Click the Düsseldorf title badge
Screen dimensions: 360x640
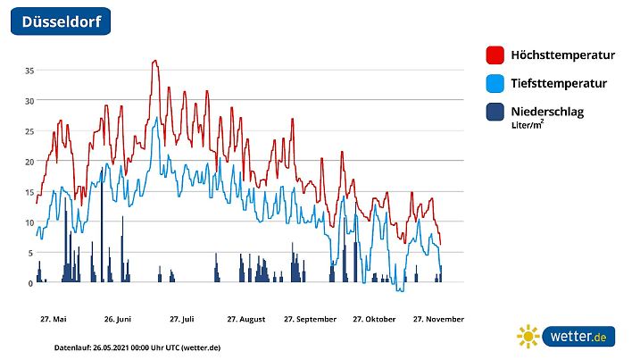click(61, 21)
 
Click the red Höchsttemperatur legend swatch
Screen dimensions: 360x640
click(495, 55)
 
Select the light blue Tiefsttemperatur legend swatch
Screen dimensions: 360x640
click(495, 84)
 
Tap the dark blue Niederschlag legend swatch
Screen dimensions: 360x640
click(495, 112)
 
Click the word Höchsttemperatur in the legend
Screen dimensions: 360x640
click(562, 55)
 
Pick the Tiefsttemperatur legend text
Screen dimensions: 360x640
click(559, 84)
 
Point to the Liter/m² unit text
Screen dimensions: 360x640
click(528, 126)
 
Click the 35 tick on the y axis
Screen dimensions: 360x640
click(29, 70)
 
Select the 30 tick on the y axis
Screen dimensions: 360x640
click(29, 100)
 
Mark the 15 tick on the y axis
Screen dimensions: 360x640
click(29, 192)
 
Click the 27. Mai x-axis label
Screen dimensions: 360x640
click(53, 319)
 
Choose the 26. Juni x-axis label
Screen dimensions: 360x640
click(118, 319)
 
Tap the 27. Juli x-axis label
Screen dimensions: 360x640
click(181, 319)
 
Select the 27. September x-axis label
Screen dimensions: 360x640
click(310, 319)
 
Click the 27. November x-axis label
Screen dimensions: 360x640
click(437, 319)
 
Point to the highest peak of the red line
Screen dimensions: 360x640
click(155, 61)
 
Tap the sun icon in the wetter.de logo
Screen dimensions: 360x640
click(528, 336)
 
